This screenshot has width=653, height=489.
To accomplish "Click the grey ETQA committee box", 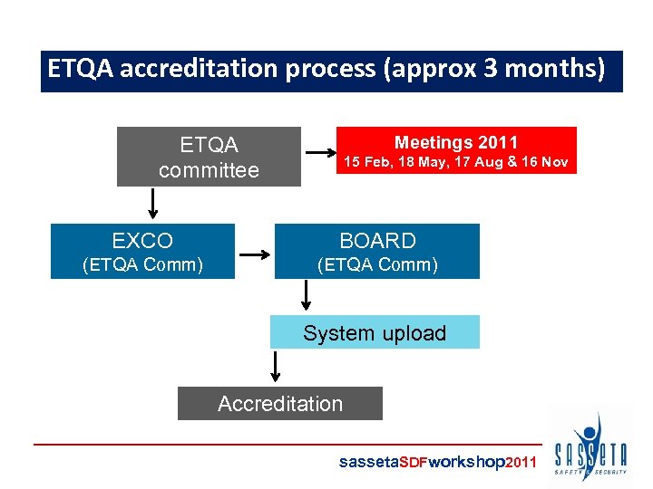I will tap(209, 157).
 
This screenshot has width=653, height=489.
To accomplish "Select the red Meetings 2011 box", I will tap(456, 150).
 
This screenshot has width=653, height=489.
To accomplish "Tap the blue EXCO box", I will tap(142, 251).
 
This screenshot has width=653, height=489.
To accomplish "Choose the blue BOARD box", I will tap(377, 251).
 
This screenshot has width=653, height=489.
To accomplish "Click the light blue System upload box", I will tap(375, 332).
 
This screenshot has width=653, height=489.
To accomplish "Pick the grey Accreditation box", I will tap(280, 404).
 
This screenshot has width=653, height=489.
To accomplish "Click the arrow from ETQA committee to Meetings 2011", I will tap(319, 152).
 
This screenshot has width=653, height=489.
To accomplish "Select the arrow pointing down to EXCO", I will tap(152, 203).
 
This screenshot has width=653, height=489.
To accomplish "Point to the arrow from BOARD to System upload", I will tap(306, 294).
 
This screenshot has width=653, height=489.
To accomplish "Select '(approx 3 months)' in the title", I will tap(494, 70).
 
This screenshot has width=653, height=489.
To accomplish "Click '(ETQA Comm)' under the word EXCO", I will tap(142, 264).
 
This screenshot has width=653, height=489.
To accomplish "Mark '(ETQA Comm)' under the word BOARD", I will tap(377, 264).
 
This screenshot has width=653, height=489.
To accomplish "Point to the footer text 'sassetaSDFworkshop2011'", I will tap(438, 462).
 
